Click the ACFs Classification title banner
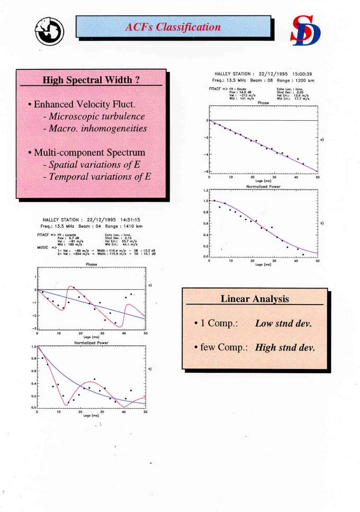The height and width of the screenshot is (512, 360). [x=173, y=27]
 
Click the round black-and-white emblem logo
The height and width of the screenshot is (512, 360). [x=50, y=31]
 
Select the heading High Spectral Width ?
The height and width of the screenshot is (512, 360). [x=91, y=80]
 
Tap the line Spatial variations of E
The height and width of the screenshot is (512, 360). [x=91, y=164]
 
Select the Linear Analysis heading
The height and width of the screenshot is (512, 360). [x=255, y=299]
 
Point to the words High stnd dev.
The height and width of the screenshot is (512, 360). [x=285, y=348]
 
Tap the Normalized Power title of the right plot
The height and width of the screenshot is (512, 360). [x=263, y=187]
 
